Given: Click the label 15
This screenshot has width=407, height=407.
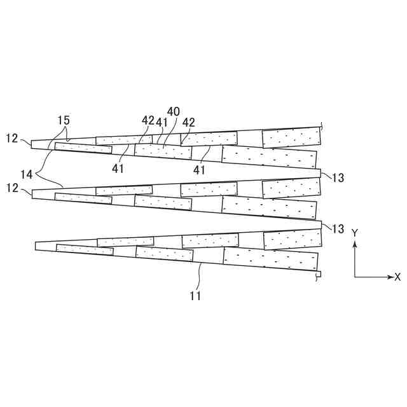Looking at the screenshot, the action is click(x=63, y=120).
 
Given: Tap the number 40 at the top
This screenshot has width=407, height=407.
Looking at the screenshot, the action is click(x=174, y=111).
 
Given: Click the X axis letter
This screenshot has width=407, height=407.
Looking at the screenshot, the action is click(x=397, y=277).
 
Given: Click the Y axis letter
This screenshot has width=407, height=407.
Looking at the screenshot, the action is click(x=355, y=233).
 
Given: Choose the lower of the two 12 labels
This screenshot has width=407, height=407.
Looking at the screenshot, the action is click(x=12, y=189).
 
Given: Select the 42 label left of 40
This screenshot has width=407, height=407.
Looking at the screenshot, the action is click(x=148, y=121).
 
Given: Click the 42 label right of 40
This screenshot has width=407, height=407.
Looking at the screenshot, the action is click(x=189, y=121).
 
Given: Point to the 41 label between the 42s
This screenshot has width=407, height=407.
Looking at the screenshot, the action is click(x=162, y=121).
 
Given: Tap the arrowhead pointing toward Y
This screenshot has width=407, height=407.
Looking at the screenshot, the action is click(x=355, y=242).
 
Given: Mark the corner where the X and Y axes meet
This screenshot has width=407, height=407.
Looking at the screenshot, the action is click(x=355, y=277).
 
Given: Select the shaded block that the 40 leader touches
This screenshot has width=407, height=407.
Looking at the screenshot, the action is click(x=163, y=151).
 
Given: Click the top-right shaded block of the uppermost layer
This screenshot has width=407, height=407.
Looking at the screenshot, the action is click(x=291, y=137).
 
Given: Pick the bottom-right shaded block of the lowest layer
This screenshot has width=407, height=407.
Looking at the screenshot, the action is click(x=271, y=259).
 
